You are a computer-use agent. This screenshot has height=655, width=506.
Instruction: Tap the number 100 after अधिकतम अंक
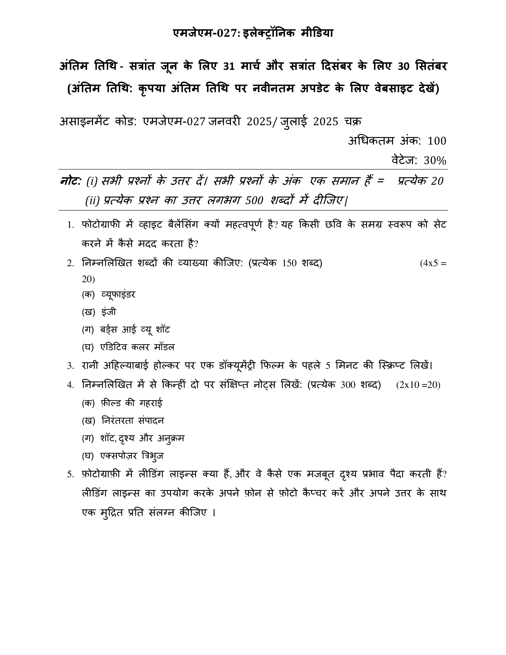(437, 141)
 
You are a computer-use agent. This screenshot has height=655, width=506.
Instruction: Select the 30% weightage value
(435, 161)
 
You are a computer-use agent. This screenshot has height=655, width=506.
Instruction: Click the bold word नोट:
(71, 181)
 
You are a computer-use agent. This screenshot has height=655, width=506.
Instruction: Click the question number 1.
(71, 225)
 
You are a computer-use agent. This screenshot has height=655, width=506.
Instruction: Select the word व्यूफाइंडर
(118, 294)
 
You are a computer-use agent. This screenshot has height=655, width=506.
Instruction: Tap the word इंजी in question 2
(109, 312)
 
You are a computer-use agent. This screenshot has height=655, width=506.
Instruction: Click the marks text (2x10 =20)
(418, 385)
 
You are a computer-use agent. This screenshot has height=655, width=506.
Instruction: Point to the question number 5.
(71, 475)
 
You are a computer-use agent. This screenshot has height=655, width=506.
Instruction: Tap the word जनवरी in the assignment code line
(225, 121)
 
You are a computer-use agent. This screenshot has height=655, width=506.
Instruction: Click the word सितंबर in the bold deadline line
(431, 66)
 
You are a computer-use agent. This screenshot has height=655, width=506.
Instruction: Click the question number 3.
(71, 366)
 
